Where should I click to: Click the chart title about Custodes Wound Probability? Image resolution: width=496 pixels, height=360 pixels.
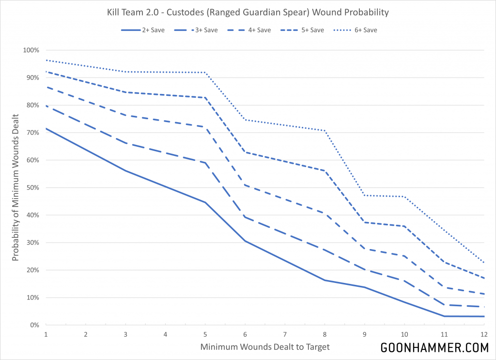(248, 11)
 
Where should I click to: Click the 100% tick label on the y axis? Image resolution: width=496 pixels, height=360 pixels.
(31, 50)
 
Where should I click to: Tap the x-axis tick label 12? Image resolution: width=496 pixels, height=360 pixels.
(483, 334)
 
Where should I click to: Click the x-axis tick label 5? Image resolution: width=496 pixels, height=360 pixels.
(205, 334)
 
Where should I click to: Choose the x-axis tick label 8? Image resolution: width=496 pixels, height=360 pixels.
(325, 334)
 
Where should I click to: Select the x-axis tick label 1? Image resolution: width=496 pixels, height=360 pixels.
(46, 334)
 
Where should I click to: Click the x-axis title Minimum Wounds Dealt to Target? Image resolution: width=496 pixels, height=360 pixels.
(264, 347)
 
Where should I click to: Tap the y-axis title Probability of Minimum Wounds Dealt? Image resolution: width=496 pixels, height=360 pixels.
(16, 188)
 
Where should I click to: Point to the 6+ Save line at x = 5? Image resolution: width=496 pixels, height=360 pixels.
(205, 73)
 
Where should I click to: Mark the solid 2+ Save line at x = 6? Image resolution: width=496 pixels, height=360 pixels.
(245, 241)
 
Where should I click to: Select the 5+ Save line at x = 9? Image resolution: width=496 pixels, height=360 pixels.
(364, 222)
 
